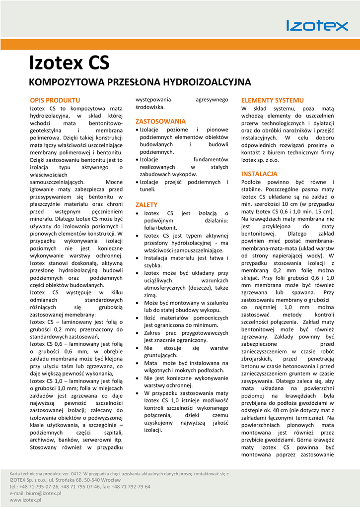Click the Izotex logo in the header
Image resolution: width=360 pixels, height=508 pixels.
317,25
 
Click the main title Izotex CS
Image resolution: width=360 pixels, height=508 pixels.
69,63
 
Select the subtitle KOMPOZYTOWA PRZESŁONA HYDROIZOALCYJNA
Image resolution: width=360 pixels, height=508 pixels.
140,82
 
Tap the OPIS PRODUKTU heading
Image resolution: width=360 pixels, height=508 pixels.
55,100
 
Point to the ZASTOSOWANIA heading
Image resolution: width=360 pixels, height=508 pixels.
160,121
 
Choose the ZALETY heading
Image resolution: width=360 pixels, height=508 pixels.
146,204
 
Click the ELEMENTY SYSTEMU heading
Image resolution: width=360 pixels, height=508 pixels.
272,100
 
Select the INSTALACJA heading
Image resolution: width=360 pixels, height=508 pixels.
259,174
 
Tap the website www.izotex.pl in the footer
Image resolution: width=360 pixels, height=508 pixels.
25,500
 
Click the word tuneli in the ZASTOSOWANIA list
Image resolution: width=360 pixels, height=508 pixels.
147,189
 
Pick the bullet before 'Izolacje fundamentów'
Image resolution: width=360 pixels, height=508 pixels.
137,159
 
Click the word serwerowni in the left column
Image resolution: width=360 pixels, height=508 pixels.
94,440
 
